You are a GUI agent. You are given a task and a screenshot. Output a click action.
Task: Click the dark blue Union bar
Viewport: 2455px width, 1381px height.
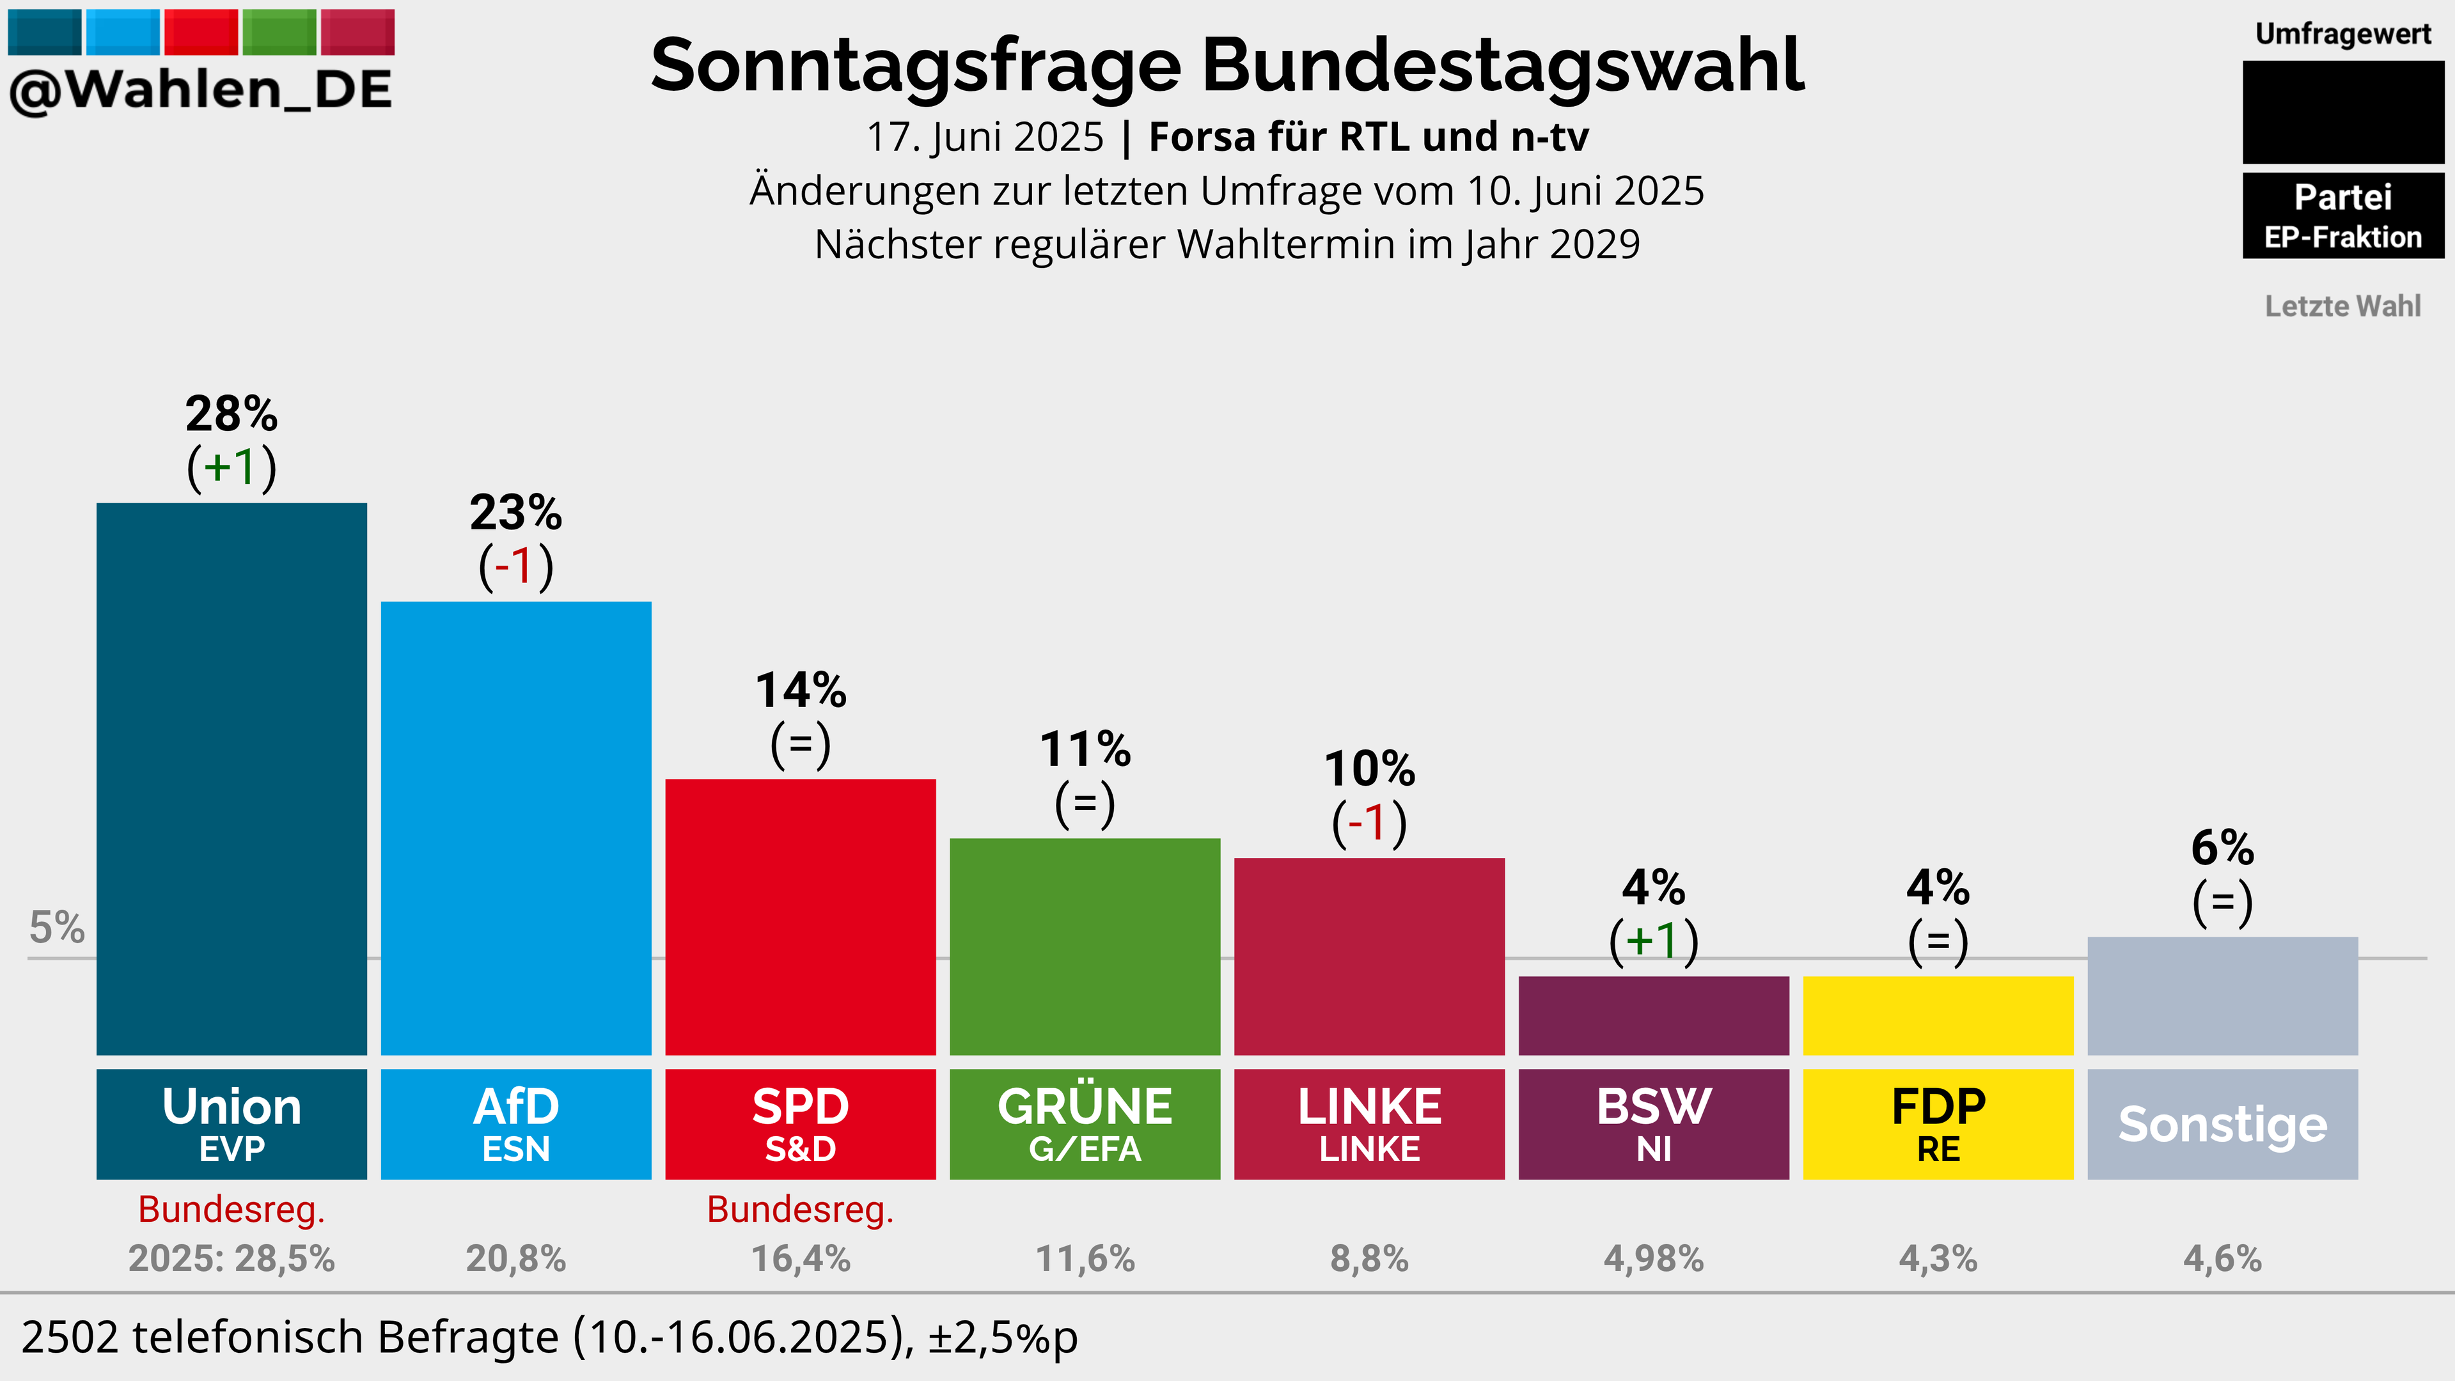tap(231, 779)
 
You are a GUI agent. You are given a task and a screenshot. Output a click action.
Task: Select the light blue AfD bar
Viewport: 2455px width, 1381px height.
tap(517, 828)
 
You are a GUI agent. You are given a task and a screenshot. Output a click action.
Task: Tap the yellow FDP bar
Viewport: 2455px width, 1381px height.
tap(1938, 1016)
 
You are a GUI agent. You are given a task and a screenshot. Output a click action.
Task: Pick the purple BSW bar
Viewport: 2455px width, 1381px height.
tap(1654, 1016)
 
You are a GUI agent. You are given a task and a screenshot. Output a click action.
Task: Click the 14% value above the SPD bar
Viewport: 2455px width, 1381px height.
tap(801, 690)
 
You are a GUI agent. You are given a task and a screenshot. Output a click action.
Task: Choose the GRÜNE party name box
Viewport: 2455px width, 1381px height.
tap(1085, 1125)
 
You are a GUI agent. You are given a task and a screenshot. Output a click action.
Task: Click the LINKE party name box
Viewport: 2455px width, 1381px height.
tap(1370, 1125)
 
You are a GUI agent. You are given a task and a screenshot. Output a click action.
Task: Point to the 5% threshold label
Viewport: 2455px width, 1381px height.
tap(57, 927)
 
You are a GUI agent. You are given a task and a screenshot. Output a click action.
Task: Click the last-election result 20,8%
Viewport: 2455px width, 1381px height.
tap(517, 1259)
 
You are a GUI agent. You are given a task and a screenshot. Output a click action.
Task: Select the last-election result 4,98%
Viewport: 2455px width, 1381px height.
tap(1654, 1259)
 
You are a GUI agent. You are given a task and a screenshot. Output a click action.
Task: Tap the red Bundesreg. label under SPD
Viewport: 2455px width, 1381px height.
tap(801, 1210)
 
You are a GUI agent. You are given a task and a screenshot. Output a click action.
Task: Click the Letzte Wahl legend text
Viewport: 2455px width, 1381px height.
tap(2342, 306)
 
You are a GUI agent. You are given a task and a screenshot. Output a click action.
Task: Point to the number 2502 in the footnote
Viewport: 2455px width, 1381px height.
tap(72, 1337)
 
